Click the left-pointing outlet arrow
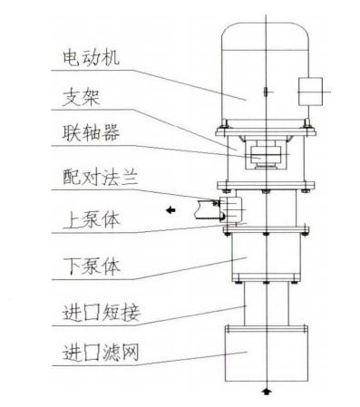pos(171,209)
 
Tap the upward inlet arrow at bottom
pos(265,392)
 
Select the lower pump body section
pos(264,258)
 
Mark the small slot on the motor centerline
pos(264,92)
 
